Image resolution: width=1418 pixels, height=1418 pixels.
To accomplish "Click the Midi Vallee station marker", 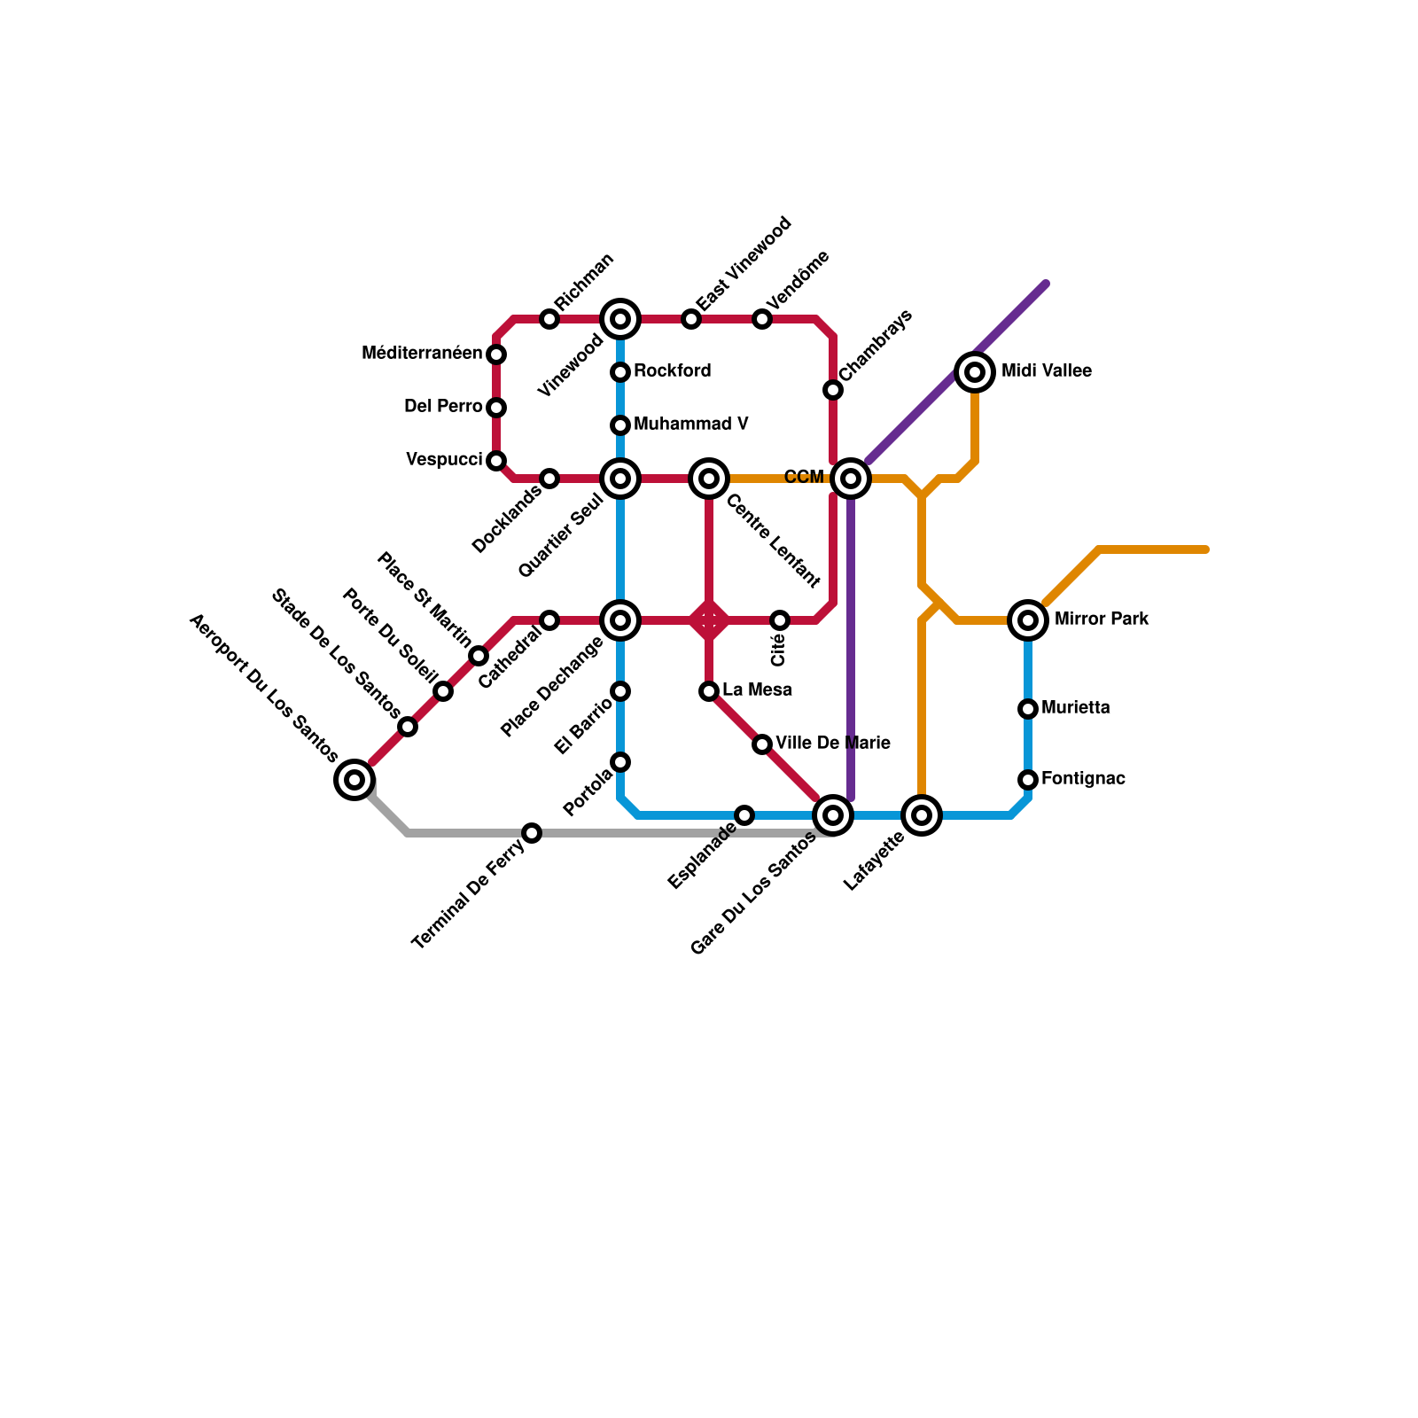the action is tap(975, 372).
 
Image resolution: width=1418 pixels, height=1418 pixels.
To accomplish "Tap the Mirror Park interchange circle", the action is tap(1028, 620).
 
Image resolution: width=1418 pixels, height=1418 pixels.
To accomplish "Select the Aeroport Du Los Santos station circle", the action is tap(354, 780).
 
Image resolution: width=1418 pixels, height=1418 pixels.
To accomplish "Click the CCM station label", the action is tap(804, 478).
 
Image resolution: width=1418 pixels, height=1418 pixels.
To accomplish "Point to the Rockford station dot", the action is tap(620, 372).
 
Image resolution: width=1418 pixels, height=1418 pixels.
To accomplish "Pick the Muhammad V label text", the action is tap(690, 425).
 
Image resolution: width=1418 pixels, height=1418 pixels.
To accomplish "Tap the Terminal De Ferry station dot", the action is tap(532, 833).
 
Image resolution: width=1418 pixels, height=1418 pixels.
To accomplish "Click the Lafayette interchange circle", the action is tap(922, 815).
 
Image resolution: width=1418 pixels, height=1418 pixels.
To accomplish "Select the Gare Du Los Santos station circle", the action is tap(833, 815).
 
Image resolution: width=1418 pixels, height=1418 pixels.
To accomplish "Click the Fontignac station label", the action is tap(1083, 779).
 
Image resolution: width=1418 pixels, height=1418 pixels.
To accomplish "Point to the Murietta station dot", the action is tap(1028, 709).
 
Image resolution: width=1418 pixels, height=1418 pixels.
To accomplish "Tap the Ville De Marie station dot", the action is tap(762, 744).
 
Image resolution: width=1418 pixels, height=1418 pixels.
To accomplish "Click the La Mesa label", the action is tap(757, 690).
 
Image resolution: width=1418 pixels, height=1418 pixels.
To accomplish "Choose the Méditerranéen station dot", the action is tap(496, 354).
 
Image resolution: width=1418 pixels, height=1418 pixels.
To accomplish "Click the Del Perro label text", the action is tap(443, 407).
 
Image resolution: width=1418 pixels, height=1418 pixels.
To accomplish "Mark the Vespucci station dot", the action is tap(496, 461).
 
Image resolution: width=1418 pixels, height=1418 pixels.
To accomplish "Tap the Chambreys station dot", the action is tap(833, 390).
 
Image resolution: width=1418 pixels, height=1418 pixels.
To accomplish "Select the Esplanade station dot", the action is tap(744, 815).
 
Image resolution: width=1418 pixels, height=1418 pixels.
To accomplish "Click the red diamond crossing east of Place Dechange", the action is tap(709, 620).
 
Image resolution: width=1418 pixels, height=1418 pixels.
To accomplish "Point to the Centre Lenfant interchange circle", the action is tap(709, 479).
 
